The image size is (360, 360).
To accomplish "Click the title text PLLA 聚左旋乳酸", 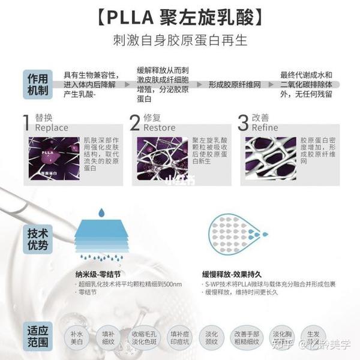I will click(181, 16).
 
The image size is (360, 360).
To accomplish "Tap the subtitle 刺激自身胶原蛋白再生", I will click(181, 41).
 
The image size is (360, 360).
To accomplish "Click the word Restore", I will click(160, 128).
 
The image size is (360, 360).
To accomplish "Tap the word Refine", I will click(265, 128).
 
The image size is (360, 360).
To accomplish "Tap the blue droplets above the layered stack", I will click(101, 212).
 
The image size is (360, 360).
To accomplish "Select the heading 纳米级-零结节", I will click(99, 271).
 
